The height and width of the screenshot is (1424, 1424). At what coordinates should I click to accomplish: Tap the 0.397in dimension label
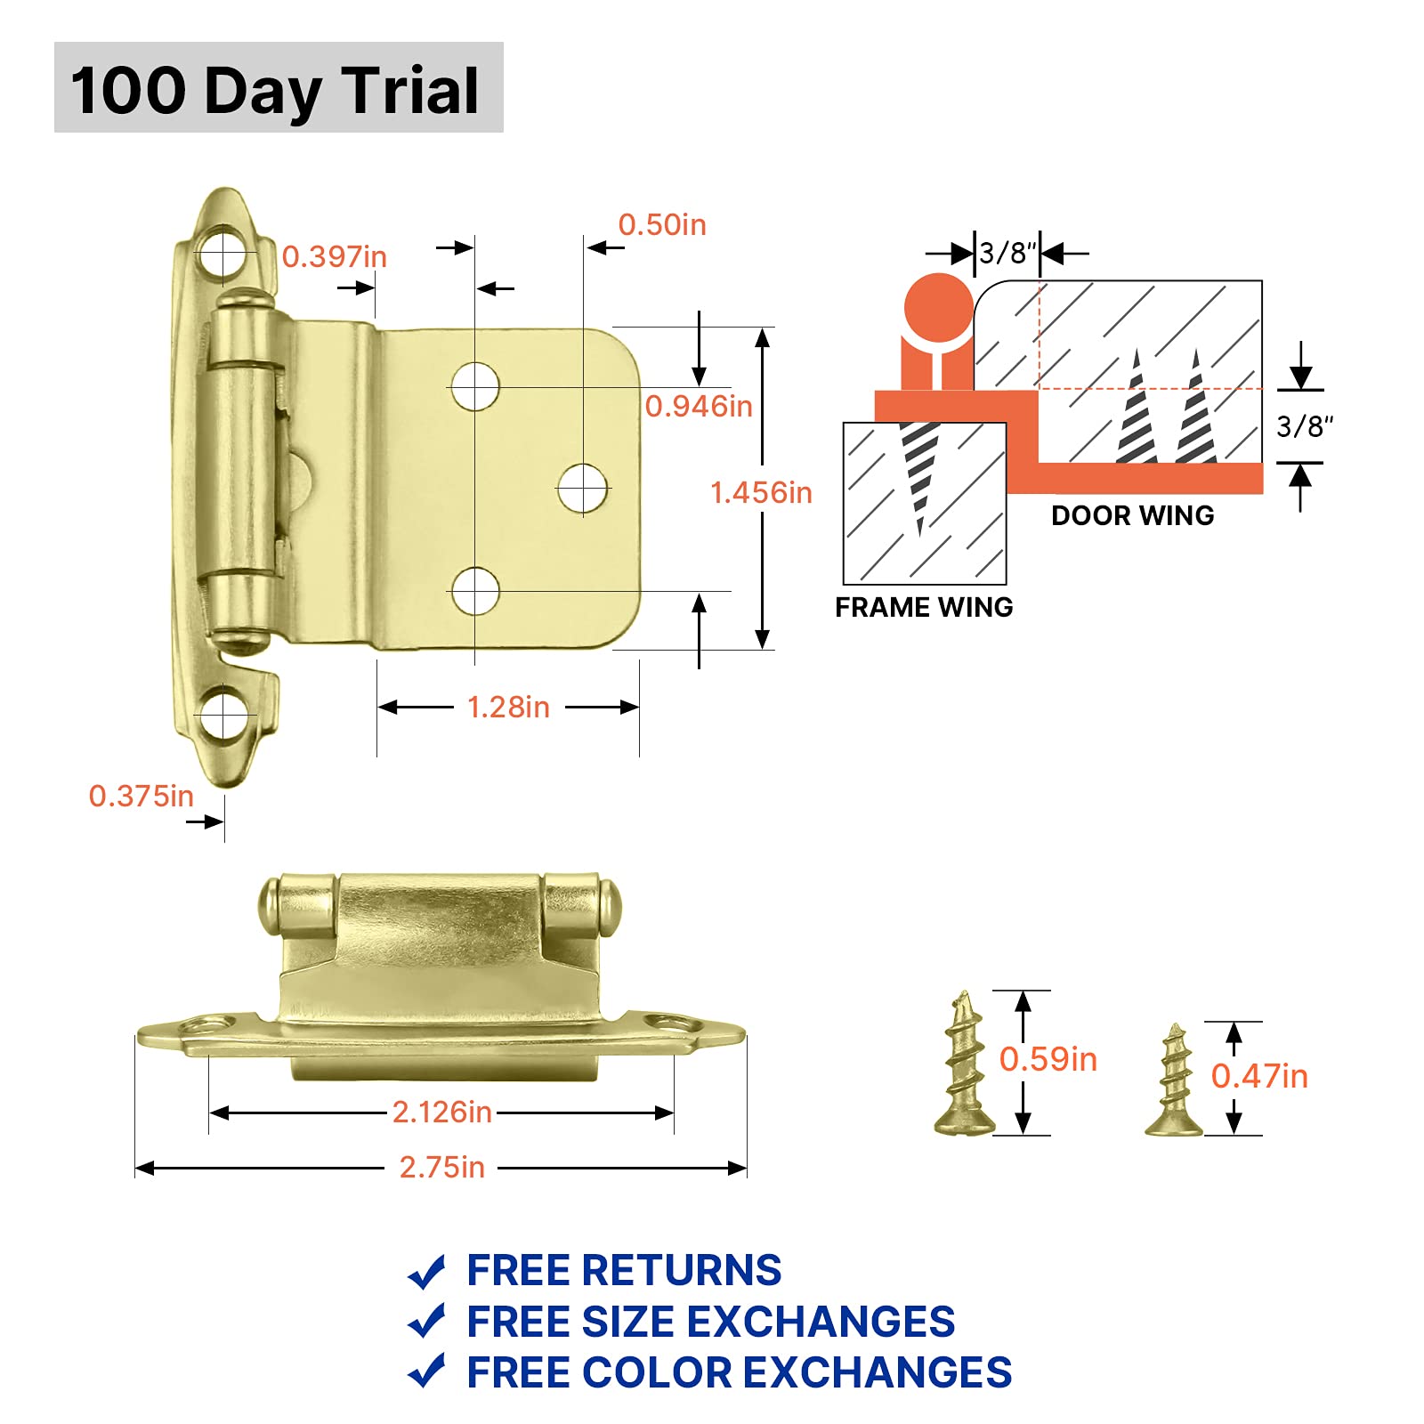coord(334,256)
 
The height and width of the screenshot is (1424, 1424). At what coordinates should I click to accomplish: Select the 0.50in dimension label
coord(661,224)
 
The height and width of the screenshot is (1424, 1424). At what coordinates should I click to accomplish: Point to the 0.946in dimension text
coord(699,406)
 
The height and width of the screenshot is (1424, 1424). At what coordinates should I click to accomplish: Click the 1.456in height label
coord(761,492)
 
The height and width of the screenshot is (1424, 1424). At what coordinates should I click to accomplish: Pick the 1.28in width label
coord(508,708)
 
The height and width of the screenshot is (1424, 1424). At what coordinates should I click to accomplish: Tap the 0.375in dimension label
coord(141,796)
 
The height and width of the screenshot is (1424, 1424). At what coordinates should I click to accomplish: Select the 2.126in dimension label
coord(441,1112)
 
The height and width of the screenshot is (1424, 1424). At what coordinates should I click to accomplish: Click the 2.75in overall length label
coord(441,1167)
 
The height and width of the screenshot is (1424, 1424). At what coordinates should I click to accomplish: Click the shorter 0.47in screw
coord(1174,1081)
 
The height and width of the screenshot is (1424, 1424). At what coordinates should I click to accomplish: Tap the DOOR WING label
coord(1132,515)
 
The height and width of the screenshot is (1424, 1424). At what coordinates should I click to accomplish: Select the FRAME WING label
coord(924,607)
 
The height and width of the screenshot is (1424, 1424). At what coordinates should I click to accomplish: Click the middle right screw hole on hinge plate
coord(583,489)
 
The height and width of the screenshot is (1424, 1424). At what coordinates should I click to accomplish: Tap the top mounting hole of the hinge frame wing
coord(222,255)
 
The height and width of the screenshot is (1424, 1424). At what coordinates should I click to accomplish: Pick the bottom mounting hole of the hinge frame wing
coord(222,716)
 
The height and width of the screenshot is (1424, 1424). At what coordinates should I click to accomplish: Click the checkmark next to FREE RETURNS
coord(426,1272)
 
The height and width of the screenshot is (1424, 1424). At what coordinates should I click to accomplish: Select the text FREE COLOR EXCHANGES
coord(739,1372)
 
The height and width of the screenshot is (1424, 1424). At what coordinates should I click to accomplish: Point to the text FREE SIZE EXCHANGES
coord(710,1322)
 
